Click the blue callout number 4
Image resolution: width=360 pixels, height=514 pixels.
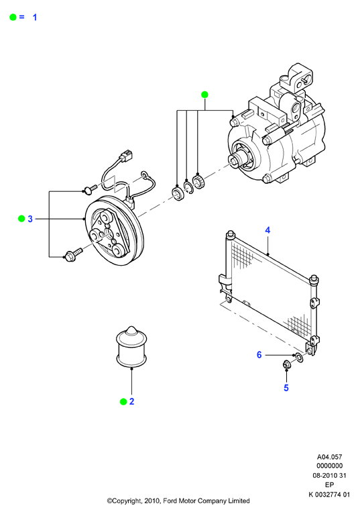click(x=267, y=230)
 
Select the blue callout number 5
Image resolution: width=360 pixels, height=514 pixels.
click(x=286, y=388)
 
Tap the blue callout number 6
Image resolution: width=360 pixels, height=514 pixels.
click(x=259, y=355)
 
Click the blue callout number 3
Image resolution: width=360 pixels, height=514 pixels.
click(x=30, y=219)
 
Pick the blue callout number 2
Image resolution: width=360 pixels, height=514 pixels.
click(x=131, y=401)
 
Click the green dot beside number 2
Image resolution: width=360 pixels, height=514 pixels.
click(x=123, y=401)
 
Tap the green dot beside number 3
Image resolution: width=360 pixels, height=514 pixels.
click(x=21, y=219)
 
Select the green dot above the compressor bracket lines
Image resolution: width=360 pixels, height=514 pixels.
click(x=204, y=95)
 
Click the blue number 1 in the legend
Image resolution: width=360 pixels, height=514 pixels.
click(x=35, y=17)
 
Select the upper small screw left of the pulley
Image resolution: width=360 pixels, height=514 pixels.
click(x=90, y=189)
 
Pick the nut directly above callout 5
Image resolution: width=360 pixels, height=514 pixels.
click(x=287, y=364)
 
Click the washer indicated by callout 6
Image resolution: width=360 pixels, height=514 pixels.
click(x=299, y=358)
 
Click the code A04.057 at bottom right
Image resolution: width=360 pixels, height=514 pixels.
click(x=329, y=457)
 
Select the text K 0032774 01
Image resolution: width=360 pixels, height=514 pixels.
click(x=329, y=495)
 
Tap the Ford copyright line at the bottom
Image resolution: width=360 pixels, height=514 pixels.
click(x=178, y=501)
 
